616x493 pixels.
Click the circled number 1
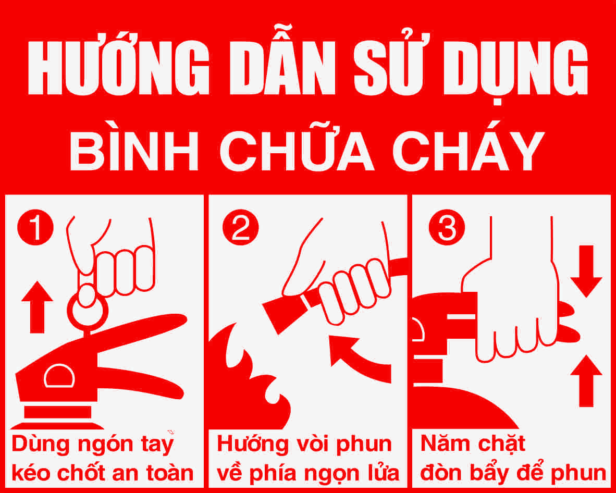[35, 227]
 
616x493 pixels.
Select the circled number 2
[240, 227]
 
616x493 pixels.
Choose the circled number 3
[447, 227]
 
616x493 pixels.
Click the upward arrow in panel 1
[37, 307]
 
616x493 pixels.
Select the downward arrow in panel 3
[586, 271]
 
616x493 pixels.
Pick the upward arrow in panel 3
[586, 380]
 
